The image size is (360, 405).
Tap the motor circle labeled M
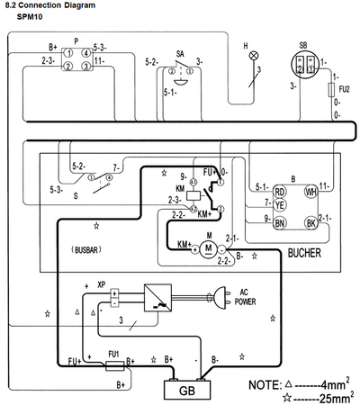[x=207, y=248]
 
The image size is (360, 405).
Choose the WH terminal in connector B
[x=311, y=191]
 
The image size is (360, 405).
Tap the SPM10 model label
[x=31, y=17]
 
